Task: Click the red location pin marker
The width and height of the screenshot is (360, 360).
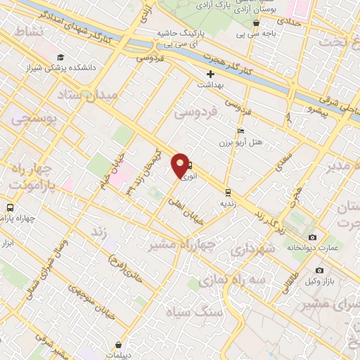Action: pos(181,165)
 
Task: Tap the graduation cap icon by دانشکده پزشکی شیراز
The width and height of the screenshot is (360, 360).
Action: pos(60,57)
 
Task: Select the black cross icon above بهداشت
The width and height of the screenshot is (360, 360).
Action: pos(210,74)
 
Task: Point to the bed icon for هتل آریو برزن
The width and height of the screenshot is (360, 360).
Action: pos(241,131)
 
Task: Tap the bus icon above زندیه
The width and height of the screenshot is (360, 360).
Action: pos(228,192)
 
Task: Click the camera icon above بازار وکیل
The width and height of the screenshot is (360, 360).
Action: pos(320,271)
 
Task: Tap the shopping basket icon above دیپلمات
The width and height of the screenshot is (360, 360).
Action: pos(117,345)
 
